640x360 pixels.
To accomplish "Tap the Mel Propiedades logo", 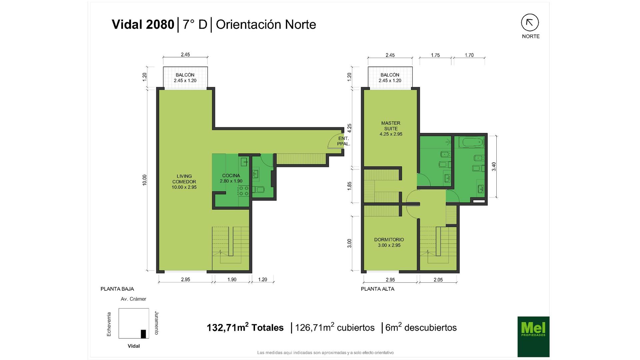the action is click(533, 337).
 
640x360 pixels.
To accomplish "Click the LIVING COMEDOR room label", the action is click(184, 182).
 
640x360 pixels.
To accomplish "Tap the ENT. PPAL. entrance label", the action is click(343, 141).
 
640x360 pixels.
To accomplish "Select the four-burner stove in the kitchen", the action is click(243, 191).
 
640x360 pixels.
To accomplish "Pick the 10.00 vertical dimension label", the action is click(144, 180).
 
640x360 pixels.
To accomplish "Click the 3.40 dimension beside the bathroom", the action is click(494, 167).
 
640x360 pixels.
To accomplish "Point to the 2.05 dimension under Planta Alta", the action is click(438, 280).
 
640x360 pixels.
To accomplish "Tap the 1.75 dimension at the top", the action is click(435, 55).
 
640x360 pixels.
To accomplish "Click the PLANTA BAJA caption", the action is click(117, 289).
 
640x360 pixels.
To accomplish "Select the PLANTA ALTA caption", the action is click(378, 289).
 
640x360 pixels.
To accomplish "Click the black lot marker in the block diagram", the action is click(143, 334).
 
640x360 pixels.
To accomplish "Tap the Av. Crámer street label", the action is click(133, 299).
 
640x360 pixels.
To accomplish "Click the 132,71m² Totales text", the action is click(245, 327).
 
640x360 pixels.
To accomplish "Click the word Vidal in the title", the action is click(127, 24).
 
